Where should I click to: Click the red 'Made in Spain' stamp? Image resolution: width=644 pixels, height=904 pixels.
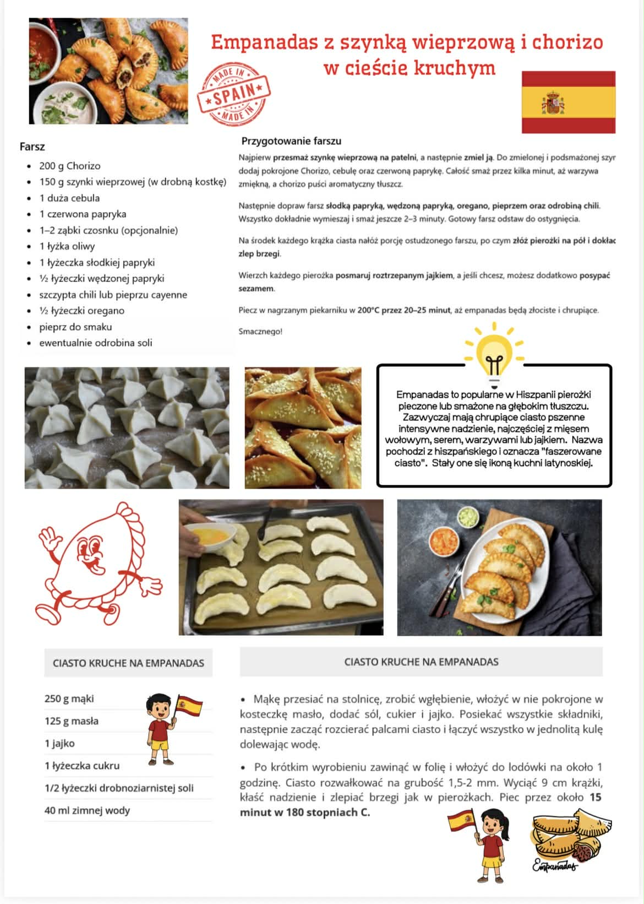coord(234,94)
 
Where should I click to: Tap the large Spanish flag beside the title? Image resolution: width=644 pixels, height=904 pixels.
coord(568,102)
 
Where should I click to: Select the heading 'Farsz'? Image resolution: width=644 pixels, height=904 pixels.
coord(32,147)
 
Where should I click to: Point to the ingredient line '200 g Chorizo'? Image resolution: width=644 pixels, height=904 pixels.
coord(69,166)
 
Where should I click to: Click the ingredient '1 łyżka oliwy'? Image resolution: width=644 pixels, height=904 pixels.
coord(67,246)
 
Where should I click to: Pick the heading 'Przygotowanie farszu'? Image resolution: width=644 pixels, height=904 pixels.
coord(291,141)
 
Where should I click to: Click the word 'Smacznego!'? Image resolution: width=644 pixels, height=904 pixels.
coord(260,332)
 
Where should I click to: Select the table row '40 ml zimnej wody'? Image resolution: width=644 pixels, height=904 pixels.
coord(87,810)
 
